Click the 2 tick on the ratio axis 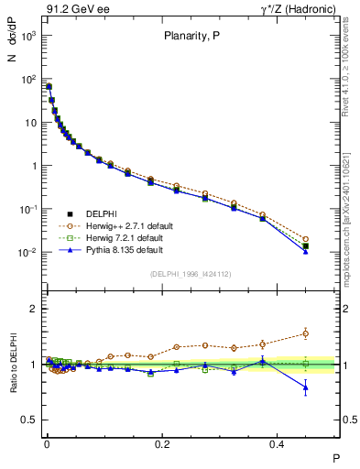(33, 309)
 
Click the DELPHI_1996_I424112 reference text (191, 274)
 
